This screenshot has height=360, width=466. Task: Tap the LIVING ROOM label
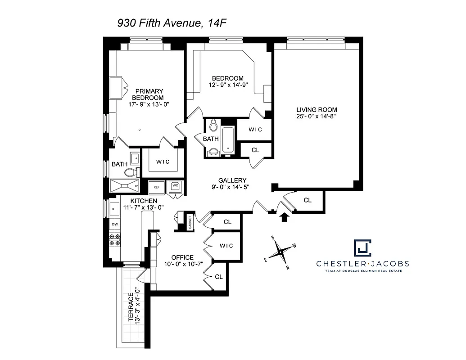point(316,109)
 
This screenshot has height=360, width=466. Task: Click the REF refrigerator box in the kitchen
point(157,187)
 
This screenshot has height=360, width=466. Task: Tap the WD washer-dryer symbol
point(175,186)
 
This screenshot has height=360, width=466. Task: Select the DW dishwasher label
point(115,224)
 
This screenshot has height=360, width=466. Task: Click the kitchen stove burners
point(115,239)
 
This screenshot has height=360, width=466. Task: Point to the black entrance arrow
point(284,218)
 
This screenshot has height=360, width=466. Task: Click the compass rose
point(281,252)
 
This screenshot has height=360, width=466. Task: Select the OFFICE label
point(182,257)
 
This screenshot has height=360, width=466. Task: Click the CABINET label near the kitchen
point(190,221)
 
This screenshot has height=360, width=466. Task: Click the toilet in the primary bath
point(130,172)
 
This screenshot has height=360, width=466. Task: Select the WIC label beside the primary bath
point(163,162)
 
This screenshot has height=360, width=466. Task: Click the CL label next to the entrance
point(308,200)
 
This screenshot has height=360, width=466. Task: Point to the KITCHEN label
point(144,201)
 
